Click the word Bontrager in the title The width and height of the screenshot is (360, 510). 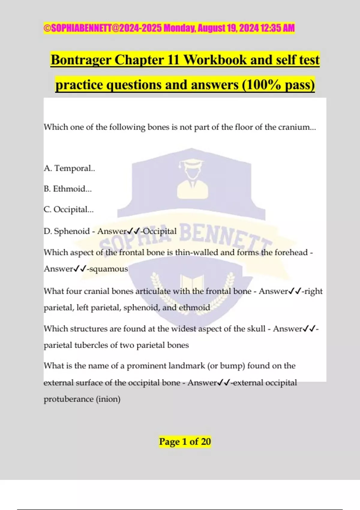point(81,60)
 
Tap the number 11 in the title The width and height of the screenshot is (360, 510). point(173,60)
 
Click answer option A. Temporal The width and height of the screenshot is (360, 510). point(69,168)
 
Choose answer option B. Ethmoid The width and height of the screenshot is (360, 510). point(67,189)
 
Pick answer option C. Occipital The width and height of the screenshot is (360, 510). point(69,209)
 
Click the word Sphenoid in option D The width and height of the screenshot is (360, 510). point(72,231)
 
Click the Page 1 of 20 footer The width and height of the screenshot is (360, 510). point(185,442)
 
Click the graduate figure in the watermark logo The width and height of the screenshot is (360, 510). point(192,180)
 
